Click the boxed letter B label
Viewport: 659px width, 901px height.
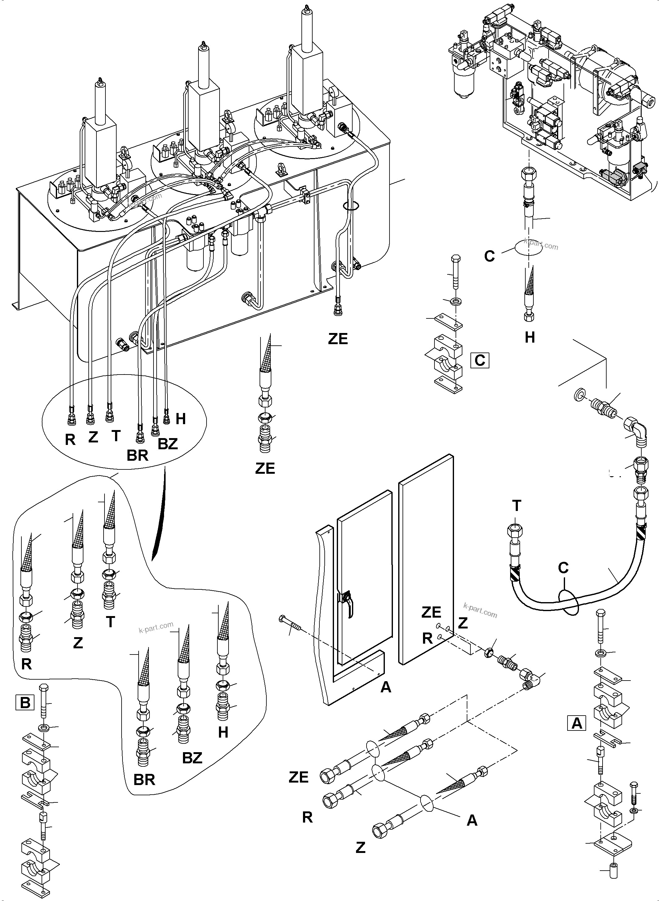(25, 713)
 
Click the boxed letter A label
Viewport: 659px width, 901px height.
(577, 723)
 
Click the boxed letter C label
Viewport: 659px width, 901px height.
(479, 361)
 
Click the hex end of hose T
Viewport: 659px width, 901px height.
(514, 531)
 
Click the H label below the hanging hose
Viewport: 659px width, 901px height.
(529, 337)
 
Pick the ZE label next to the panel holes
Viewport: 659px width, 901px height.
(431, 612)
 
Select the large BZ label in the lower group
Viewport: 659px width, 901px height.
(192, 758)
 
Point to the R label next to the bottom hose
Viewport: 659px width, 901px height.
(307, 817)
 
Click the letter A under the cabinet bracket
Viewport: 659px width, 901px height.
(386, 687)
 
